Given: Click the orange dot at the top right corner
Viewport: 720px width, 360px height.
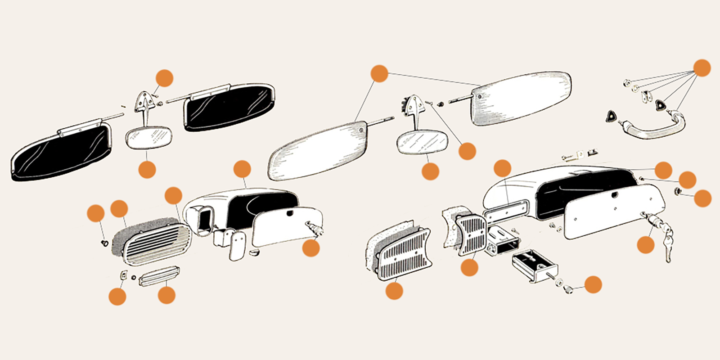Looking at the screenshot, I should (x=702, y=68).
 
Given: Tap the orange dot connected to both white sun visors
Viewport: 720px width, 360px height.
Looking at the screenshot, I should (x=379, y=73).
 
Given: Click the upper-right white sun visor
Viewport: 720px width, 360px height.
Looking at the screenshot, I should (x=522, y=98).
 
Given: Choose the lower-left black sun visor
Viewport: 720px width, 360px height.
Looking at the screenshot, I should (x=61, y=153).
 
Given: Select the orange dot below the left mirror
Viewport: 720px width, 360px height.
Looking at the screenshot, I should (x=147, y=170).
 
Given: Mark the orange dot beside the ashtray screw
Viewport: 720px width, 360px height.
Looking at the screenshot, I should (x=593, y=284).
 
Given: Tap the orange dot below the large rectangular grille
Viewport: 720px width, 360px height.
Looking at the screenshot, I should (x=394, y=290).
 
